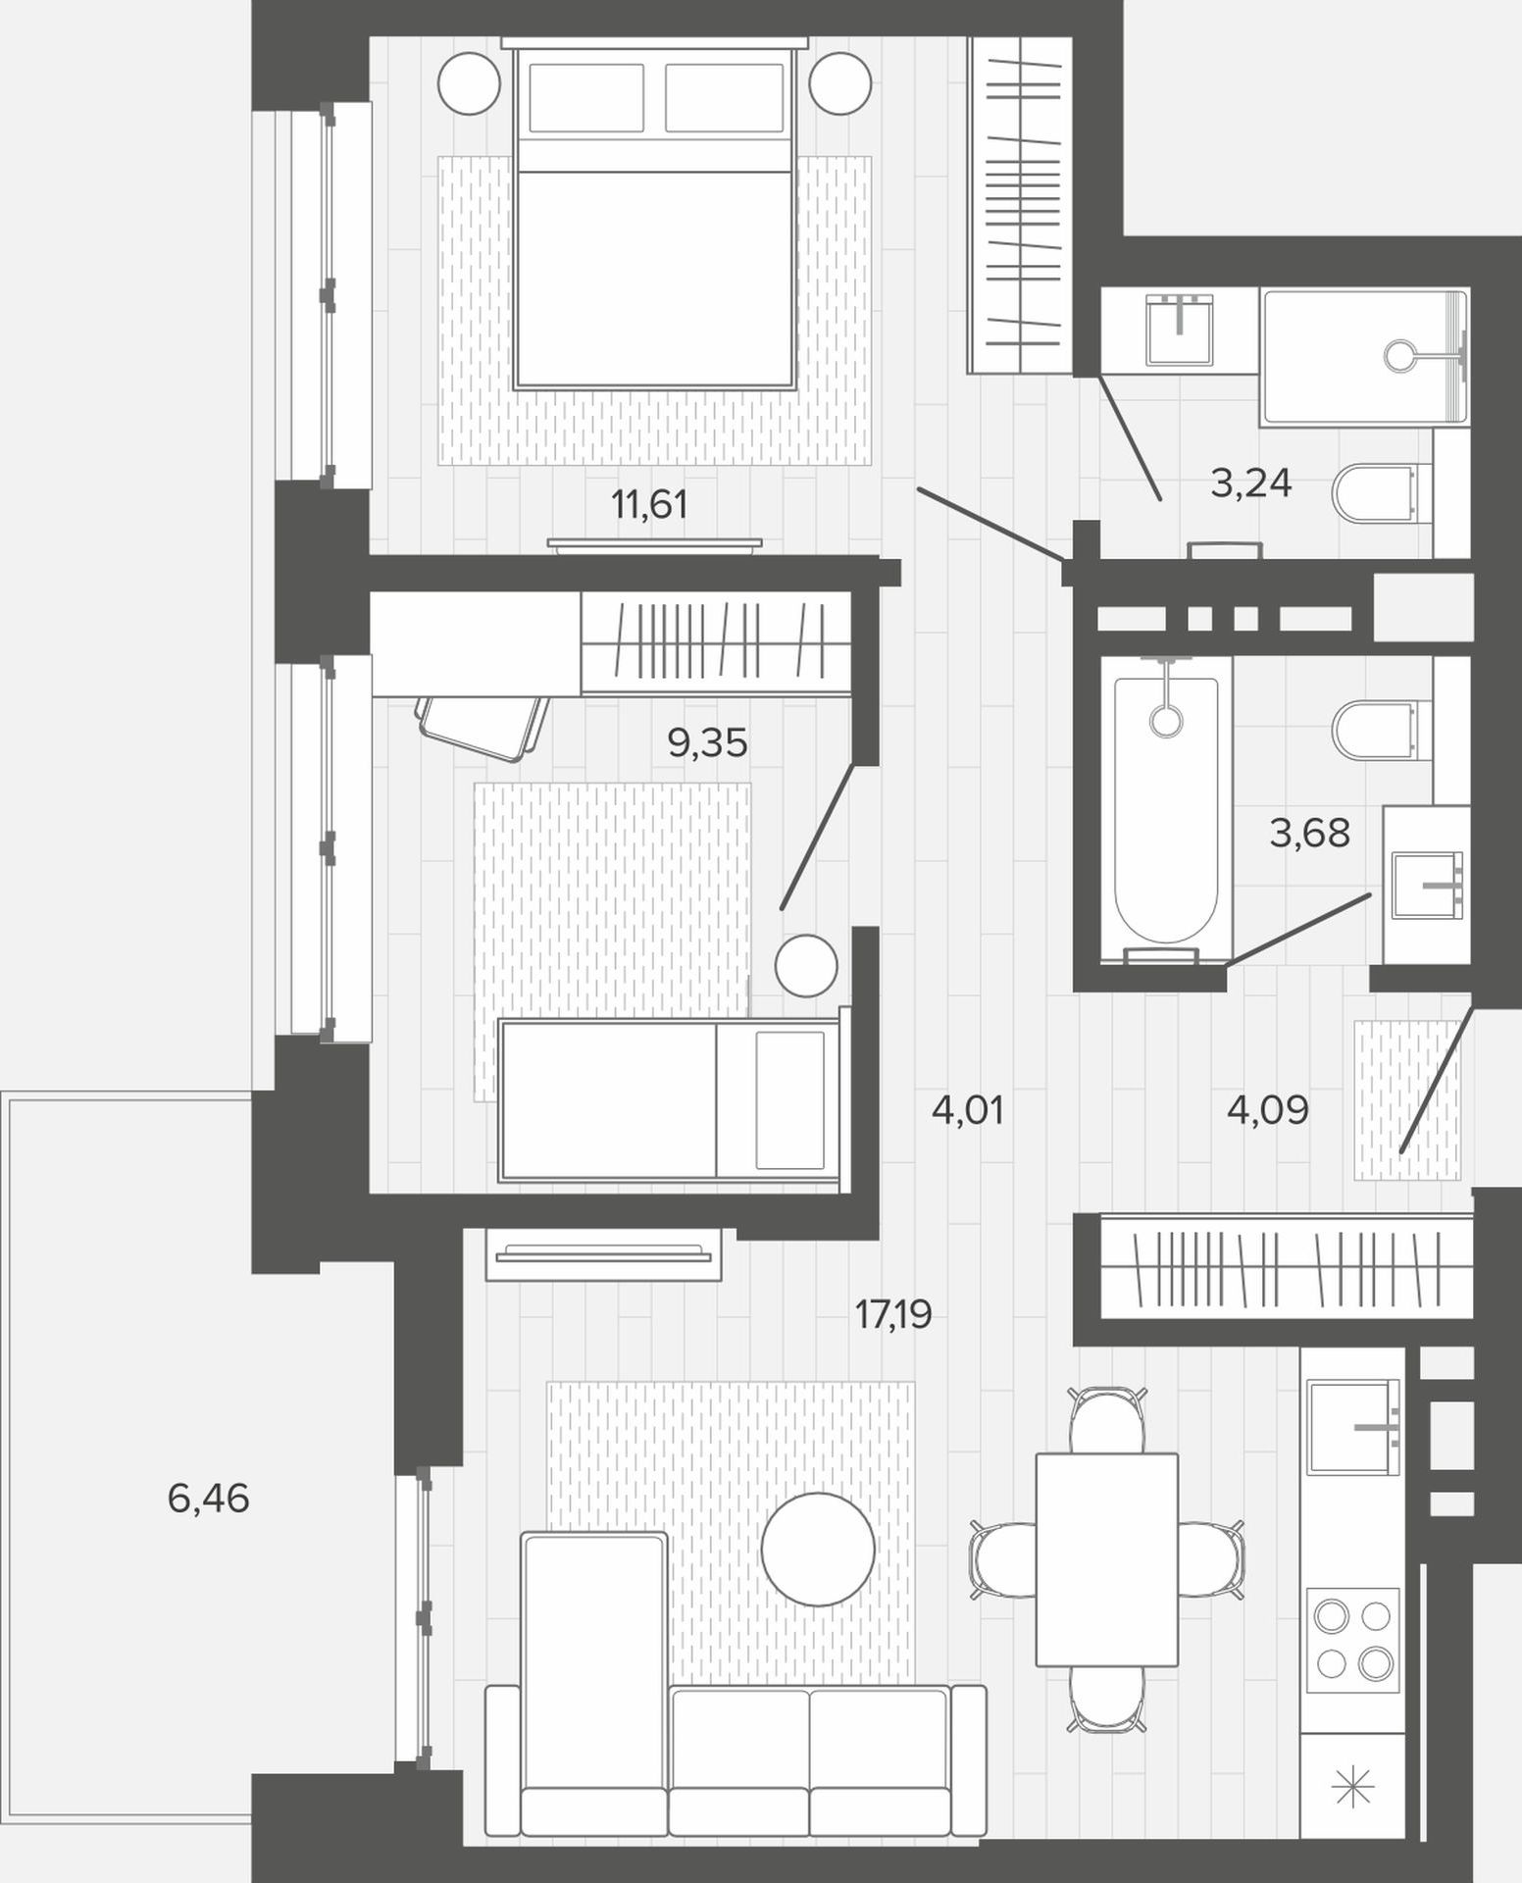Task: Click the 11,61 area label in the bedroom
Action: click(x=649, y=506)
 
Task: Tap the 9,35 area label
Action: click(x=707, y=743)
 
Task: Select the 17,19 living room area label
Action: click(x=892, y=1313)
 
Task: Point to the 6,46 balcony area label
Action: click(x=208, y=1499)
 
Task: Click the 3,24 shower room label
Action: click(x=1251, y=483)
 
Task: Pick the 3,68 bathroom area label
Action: click(x=1310, y=833)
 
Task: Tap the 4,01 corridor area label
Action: click(x=968, y=1111)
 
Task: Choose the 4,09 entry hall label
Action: click(x=1268, y=1110)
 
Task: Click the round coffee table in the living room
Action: click(x=818, y=1549)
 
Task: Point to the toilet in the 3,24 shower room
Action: click(x=1375, y=492)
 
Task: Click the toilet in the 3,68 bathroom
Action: click(x=1375, y=729)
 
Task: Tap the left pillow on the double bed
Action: click(x=586, y=97)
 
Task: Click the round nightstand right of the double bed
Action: click(x=840, y=83)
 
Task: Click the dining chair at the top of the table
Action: click(x=1107, y=1420)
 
